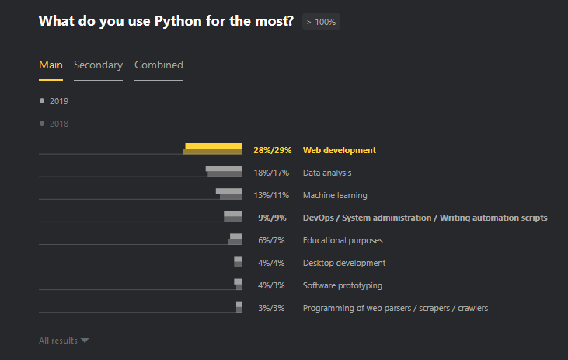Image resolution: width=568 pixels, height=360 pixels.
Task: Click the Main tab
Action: click(51, 65)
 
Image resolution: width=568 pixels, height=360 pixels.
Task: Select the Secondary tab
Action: click(98, 65)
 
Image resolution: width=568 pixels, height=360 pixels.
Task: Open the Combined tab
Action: click(159, 65)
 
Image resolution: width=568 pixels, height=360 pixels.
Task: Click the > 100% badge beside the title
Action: click(321, 22)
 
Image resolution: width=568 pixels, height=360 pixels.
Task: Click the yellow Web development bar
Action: click(214, 149)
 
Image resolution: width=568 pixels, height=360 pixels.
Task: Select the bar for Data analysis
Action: click(224, 172)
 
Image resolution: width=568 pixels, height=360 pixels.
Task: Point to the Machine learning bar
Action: click(229, 194)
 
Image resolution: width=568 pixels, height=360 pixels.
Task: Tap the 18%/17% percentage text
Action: click(270, 173)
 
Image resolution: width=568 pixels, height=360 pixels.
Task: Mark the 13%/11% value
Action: click(270, 195)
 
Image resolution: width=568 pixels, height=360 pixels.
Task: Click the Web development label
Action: click(339, 151)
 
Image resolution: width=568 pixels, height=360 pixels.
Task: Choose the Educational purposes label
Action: click(343, 241)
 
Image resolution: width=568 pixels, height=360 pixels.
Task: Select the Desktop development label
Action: click(344, 263)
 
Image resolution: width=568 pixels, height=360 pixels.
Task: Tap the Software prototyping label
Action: click(343, 285)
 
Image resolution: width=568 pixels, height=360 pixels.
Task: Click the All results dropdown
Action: click(64, 341)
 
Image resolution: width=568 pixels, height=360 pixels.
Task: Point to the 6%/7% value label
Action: click(271, 241)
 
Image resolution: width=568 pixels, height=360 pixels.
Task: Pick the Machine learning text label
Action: click(335, 195)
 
